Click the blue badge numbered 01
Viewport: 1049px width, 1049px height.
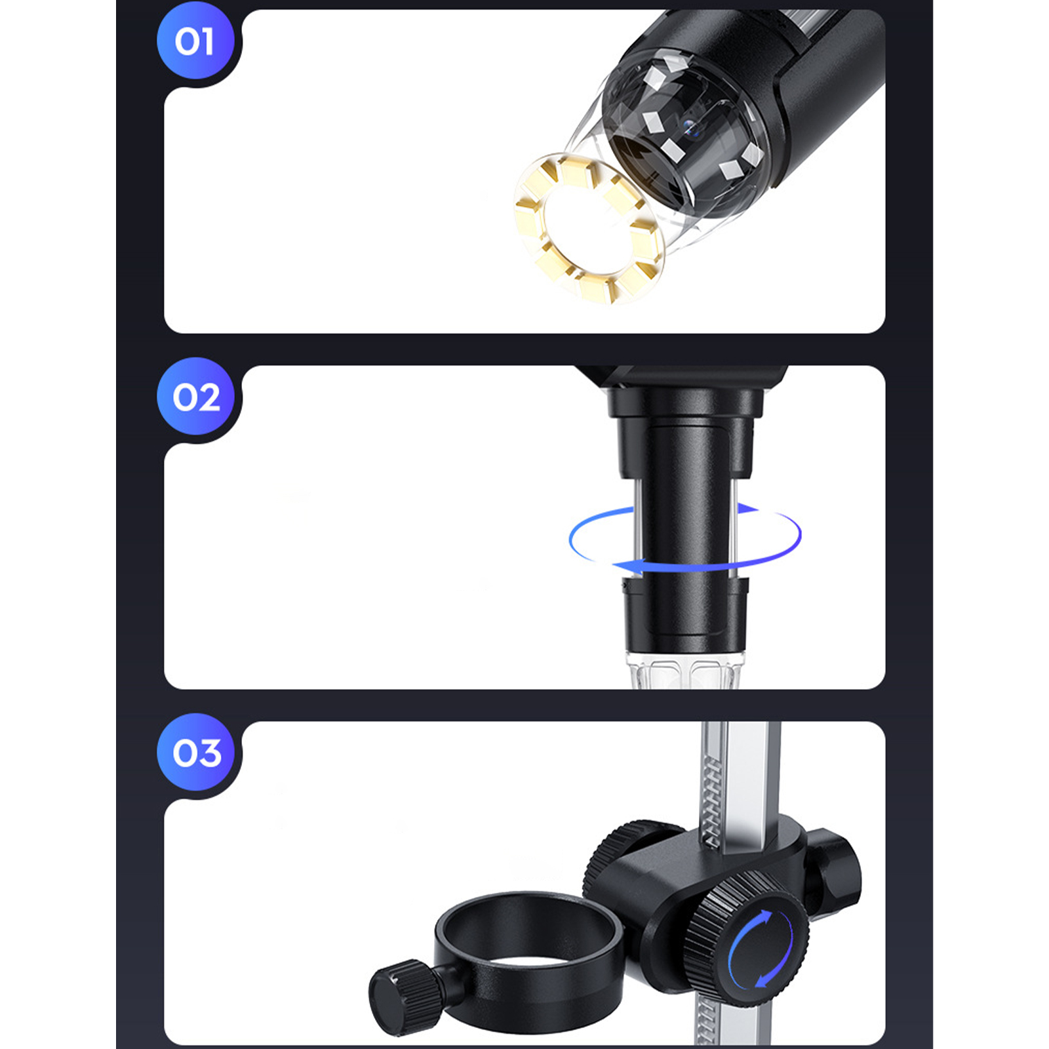coord(195,41)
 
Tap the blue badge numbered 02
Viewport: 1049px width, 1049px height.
coord(195,397)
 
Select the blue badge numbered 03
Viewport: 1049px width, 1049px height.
coord(195,752)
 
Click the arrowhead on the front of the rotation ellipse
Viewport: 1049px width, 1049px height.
coord(627,566)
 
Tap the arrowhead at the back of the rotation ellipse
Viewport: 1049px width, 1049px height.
coord(747,507)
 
